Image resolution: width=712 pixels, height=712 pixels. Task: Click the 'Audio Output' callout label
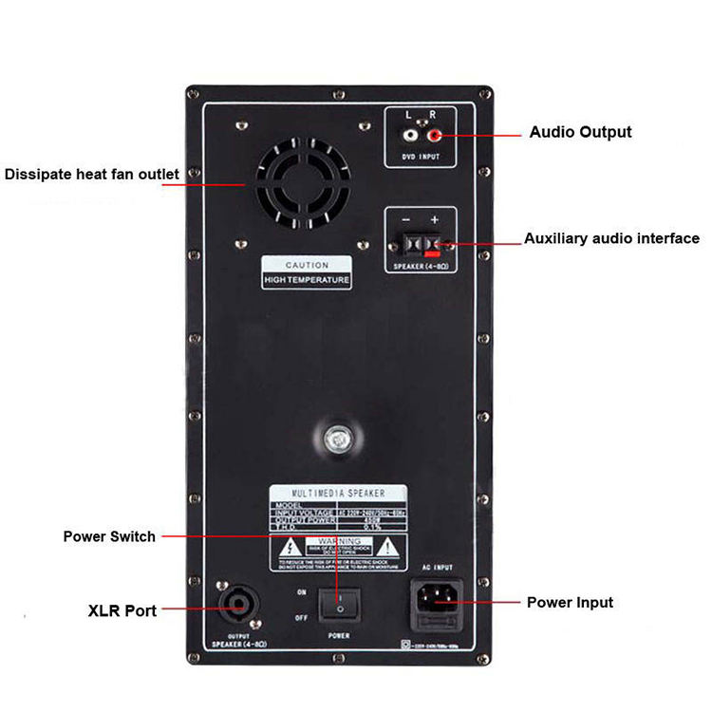point(580,132)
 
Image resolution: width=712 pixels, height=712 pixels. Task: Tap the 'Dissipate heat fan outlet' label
point(91,174)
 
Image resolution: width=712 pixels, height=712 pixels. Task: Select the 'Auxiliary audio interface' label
point(611,238)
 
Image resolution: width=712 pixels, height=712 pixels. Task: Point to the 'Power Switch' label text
point(109,536)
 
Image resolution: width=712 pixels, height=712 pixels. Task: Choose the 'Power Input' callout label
point(570,602)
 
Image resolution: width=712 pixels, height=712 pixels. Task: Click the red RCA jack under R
point(434,136)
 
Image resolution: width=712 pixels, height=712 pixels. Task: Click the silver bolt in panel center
point(335,440)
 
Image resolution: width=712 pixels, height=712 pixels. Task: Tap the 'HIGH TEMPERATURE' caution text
point(307,281)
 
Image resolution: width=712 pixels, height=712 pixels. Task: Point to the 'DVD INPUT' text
point(421,156)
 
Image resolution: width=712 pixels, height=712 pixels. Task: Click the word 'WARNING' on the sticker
point(339,541)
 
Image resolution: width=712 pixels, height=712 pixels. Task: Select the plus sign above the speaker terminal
point(435,218)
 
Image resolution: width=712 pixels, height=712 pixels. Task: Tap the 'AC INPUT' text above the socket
point(435,568)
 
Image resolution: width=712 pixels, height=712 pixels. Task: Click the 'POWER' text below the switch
point(337,635)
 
